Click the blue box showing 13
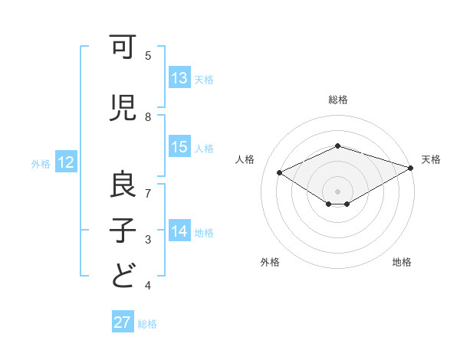pyautogui.click(x=179, y=78)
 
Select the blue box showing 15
pyautogui.click(x=179, y=147)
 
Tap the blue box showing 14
pyautogui.click(x=179, y=231)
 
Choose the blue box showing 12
pyautogui.click(x=66, y=162)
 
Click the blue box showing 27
pyautogui.click(x=123, y=322)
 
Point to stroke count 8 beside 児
pyautogui.click(x=148, y=117)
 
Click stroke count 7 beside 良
pyautogui.click(x=148, y=193)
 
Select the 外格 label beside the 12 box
pyautogui.click(x=41, y=163)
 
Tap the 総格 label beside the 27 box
pyautogui.click(x=147, y=323)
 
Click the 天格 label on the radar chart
pyautogui.click(x=431, y=159)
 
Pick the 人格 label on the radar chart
pyautogui.click(x=245, y=159)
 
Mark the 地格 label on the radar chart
pyautogui.click(x=402, y=262)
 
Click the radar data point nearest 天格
pyautogui.click(x=411, y=168)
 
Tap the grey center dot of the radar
pyautogui.click(x=337, y=191)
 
